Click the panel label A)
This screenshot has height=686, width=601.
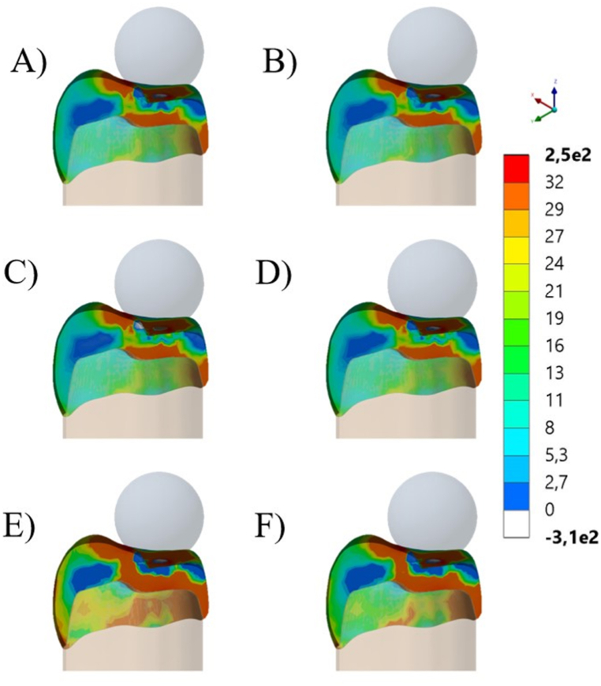[x=29, y=61]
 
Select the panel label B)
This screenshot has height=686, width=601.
[x=281, y=61]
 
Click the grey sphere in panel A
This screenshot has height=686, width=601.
[x=159, y=46]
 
